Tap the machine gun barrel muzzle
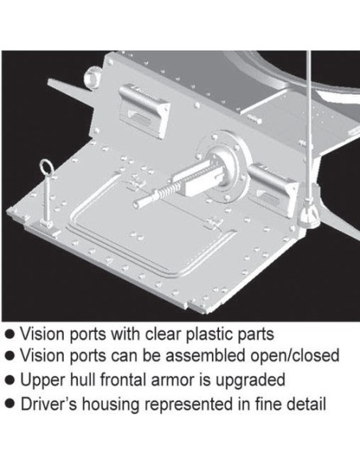tap(137, 204)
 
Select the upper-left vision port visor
tap(144, 111)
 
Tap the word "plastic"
tap(209, 335)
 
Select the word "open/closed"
tap(295, 355)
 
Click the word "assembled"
tap(205, 355)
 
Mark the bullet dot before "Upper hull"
tap(10, 380)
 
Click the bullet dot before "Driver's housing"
tap(10, 404)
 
